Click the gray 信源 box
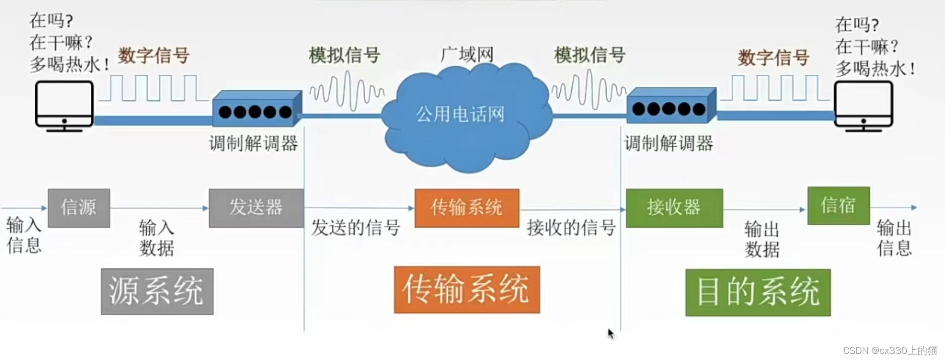79,208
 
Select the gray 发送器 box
256,208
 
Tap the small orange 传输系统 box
466,208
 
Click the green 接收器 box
674,208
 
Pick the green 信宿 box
838,205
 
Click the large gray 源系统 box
157,291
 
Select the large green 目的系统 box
757,292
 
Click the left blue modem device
256,109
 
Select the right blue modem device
671,106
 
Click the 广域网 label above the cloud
467,54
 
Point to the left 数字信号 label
154,55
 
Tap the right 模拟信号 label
589,54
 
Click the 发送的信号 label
356,228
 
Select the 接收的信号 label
571,228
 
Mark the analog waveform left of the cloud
347,91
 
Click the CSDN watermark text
890,350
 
